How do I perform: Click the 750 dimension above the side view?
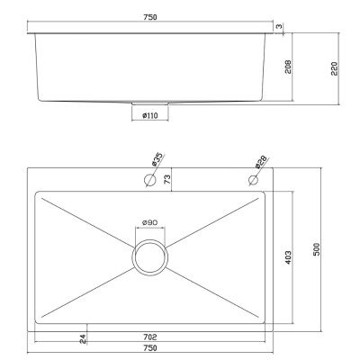pyautogui.click(x=150, y=17)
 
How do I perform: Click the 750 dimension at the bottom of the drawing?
pyautogui.click(x=150, y=348)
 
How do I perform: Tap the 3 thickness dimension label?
pyautogui.click(x=279, y=26)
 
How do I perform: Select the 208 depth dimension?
pyautogui.click(x=288, y=67)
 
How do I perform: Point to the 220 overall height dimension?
pyautogui.click(x=334, y=68)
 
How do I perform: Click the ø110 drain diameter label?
pyautogui.click(x=150, y=115)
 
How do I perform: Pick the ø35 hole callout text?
pyautogui.click(x=157, y=159)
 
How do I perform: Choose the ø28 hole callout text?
pyautogui.click(x=261, y=162)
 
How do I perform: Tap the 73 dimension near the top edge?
pyautogui.click(x=167, y=179)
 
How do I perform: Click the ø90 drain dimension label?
pyautogui.click(x=150, y=222)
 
